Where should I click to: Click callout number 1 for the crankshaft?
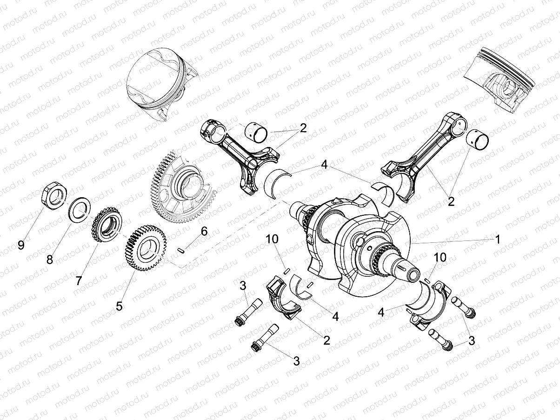coord(497,240)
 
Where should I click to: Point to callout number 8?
coord(49,260)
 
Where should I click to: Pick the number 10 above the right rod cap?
coord(440,257)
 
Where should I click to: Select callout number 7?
coord(79,280)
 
